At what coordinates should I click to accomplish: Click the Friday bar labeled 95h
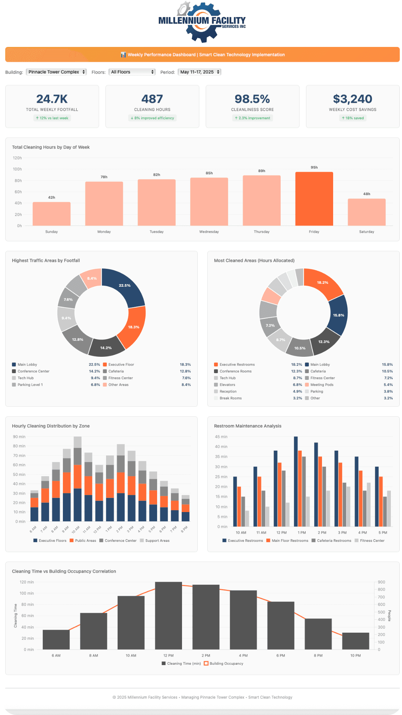click(314, 199)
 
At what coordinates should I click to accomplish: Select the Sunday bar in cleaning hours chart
click(51, 214)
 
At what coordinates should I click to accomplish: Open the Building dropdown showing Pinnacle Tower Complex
click(56, 72)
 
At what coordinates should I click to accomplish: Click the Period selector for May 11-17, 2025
click(199, 72)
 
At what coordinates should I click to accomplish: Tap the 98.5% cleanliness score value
click(252, 99)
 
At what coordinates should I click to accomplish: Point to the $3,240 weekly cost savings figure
click(352, 99)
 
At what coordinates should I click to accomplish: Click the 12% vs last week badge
click(52, 118)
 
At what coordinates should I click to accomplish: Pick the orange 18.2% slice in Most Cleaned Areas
click(322, 283)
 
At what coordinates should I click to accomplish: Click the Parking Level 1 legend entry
click(30, 385)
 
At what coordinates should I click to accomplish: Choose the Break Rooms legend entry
click(230, 398)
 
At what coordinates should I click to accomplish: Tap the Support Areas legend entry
click(157, 541)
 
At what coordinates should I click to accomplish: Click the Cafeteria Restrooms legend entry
click(334, 541)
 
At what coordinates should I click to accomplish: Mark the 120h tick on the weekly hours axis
click(17, 158)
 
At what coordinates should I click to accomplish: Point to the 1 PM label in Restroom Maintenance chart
click(302, 533)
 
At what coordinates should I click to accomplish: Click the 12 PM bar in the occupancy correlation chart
click(168, 615)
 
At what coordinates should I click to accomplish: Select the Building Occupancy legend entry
click(226, 664)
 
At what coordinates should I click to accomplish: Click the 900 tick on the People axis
click(382, 582)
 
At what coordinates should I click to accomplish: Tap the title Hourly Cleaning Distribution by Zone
click(51, 426)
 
